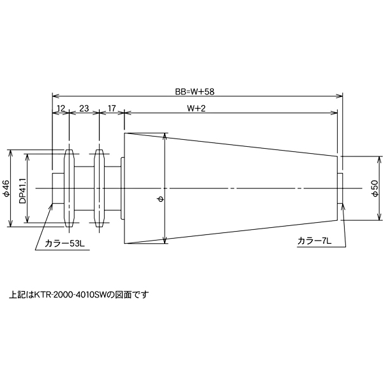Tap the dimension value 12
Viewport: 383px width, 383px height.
(61, 108)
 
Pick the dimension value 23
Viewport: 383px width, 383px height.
(84, 108)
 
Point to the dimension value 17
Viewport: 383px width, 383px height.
(112, 108)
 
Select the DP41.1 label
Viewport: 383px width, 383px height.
(22, 190)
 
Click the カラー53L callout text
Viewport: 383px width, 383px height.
(67, 244)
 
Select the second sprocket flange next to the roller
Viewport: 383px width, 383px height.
(99, 188)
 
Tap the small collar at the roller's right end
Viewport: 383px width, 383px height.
(340, 188)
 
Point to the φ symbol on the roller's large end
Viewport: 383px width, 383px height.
(160, 199)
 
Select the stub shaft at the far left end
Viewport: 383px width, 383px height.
(57, 188)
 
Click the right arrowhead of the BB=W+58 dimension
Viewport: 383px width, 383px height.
(340, 96)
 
